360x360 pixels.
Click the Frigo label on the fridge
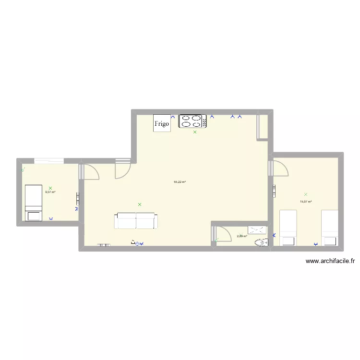[x=162, y=124]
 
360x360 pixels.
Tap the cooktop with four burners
[x=192, y=121]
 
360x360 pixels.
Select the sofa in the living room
[x=136, y=221]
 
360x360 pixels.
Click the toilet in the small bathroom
[x=261, y=243]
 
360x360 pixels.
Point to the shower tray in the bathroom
[x=257, y=230]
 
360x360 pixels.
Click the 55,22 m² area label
[x=180, y=182]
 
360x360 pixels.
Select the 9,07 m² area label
[x=50, y=192]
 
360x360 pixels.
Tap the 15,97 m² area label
[x=306, y=202]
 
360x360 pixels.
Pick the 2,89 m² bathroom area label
[x=242, y=236]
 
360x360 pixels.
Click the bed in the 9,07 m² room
[x=34, y=203]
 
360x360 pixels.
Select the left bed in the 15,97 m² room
[x=288, y=227]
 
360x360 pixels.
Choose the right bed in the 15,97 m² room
[x=330, y=227]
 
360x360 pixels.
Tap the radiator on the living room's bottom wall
[x=104, y=245]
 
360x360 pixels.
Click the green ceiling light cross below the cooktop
[x=195, y=132]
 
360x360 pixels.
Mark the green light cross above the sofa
[x=140, y=204]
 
